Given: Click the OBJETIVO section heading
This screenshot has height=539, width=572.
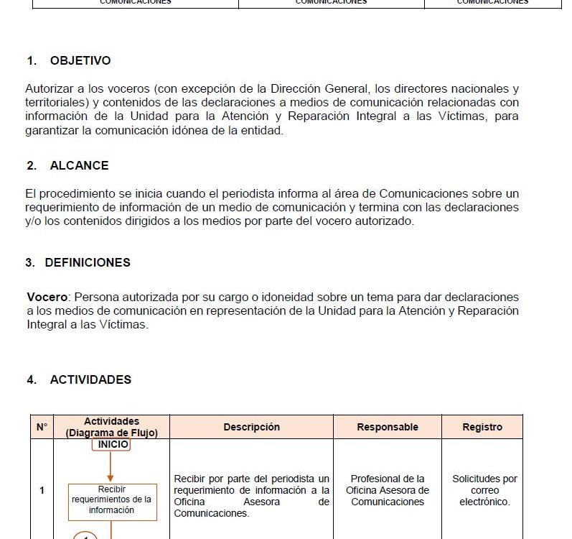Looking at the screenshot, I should click(x=80, y=61).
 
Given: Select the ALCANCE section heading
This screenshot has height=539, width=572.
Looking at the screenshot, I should click(x=79, y=165).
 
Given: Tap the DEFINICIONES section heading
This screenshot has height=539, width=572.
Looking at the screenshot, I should click(x=88, y=262).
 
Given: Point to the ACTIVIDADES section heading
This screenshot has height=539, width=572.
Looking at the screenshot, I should click(x=90, y=379).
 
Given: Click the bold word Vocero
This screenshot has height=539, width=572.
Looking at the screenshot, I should click(x=47, y=297).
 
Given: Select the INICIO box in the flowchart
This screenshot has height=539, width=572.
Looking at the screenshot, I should click(x=111, y=444).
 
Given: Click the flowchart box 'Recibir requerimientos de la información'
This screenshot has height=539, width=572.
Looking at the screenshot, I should click(x=111, y=500).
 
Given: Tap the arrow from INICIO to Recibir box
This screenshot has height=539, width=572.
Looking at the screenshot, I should click(x=111, y=466).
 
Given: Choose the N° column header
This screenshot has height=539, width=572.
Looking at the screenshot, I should click(x=42, y=427).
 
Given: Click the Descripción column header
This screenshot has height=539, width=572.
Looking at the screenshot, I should click(x=251, y=427).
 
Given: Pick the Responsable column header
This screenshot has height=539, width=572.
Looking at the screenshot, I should click(x=388, y=427).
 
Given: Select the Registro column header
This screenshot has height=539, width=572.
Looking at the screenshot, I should click(x=482, y=427).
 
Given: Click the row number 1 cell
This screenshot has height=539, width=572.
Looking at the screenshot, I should click(x=42, y=490).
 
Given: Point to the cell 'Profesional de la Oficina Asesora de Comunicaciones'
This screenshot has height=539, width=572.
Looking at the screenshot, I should click(x=388, y=490).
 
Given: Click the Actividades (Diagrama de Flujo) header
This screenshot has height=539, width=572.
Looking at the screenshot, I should click(x=111, y=427).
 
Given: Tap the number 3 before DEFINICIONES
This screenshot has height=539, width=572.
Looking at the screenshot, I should click(x=30, y=262).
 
